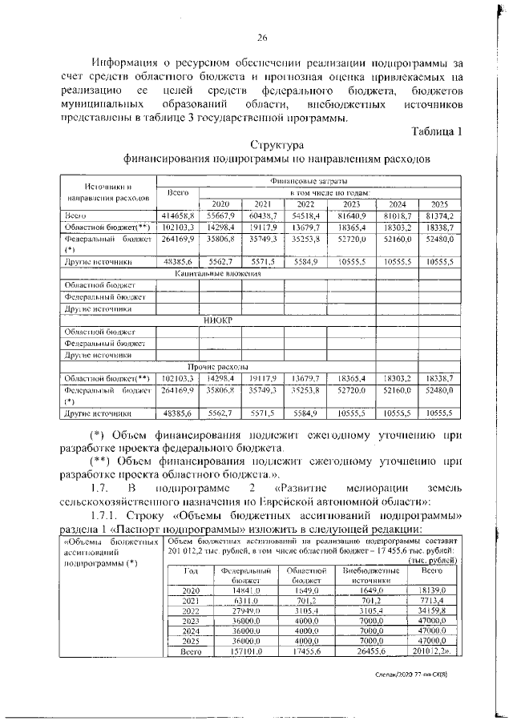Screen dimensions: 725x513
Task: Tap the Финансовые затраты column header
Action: (309, 182)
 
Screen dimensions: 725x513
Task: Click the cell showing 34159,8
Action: (432, 610)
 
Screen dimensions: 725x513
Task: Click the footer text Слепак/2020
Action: (401, 675)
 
